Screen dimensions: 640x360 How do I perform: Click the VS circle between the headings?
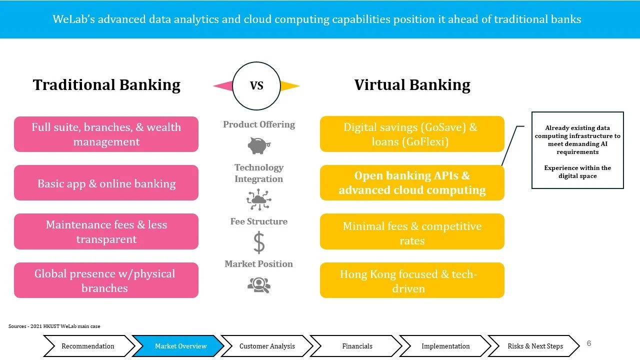[x=256, y=85]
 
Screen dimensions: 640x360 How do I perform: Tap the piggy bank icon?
[x=259, y=145]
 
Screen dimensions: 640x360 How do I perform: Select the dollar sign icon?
[x=259, y=243]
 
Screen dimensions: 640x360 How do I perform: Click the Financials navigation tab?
[x=357, y=346]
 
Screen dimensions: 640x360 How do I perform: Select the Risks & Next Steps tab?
[x=535, y=346]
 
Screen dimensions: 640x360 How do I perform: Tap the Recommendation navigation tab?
[x=87, y=346]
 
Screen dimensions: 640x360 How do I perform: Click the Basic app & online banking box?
[x=106, y=183]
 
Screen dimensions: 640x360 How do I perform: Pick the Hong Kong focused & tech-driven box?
[x=412, y=280]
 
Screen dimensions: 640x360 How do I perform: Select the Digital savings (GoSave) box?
[x=412, y=134]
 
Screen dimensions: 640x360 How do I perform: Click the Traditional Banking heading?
[x=106, y=85]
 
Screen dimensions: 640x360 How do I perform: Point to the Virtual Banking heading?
[x=412, y=85]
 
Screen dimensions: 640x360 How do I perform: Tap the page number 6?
[x=589, y=343]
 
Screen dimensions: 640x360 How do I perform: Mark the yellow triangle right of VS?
[x=289, y=86]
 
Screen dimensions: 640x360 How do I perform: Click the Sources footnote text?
[x=54, y=326]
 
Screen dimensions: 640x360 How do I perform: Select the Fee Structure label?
[x=258, y=221]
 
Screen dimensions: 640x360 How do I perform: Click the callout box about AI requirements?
[x=577, y=150]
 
